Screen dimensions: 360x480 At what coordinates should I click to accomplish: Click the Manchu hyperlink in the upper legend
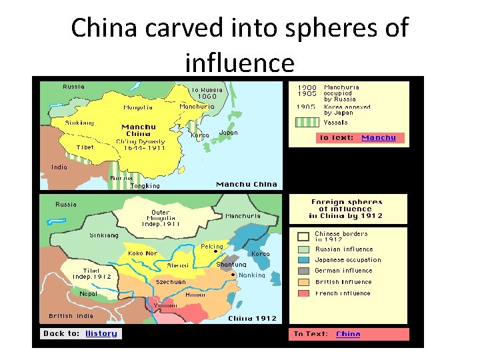pos(379,138)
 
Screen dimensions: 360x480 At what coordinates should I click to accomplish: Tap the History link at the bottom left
pos(101,333)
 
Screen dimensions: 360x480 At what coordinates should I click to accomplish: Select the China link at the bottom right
pos(348,334)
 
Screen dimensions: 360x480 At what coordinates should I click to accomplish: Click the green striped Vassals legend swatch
pos(307,123)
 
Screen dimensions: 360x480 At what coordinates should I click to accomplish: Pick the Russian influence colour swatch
pos(303,249)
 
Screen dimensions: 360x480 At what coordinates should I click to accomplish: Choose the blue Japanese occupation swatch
pos(303,260)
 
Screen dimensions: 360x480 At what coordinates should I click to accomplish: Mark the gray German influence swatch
pos(303,271)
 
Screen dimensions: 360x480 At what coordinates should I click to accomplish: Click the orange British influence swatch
pos(303,282)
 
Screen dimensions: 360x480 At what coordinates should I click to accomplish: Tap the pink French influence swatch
pos(303,293)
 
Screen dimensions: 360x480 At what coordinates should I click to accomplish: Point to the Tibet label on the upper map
pos(85,147)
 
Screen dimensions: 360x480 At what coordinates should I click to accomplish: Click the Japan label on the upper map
pos(228,133)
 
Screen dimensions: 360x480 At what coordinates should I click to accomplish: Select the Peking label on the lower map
pos(212,247)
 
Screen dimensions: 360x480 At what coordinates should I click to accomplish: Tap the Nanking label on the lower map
pos(252,275)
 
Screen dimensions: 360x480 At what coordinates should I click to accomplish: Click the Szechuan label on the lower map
pos(171,282)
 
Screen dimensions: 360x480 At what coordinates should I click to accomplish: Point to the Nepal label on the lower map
pos(88,293)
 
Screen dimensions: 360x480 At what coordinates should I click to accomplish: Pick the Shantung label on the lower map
pos(231,265)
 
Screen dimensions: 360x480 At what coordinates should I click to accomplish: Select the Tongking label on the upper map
pos(145,186)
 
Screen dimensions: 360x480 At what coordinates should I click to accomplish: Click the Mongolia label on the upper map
pos(138,107)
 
